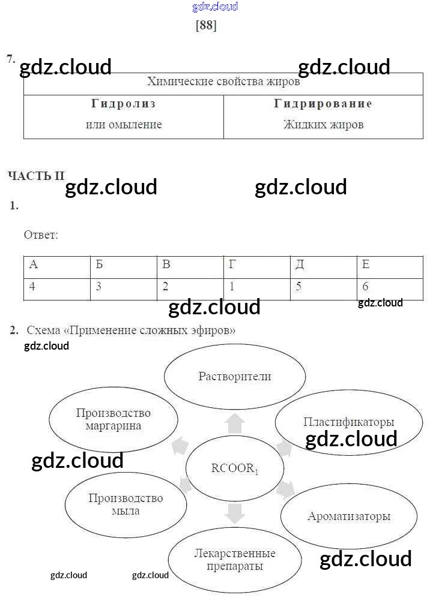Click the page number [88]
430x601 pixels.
(x=206, y=26)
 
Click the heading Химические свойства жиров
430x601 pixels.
(x=223, y=82)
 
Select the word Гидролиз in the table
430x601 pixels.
(x=124, y=104)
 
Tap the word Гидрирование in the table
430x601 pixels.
(x=323, y=104)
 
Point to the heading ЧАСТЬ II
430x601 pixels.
(x=35, y=176)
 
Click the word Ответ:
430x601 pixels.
(x=41, y=235)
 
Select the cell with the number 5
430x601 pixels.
(x=323, y=288)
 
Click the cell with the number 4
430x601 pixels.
(x=56, y=288)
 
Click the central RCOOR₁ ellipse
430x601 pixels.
(x=235, y=468)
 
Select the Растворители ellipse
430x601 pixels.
(x=235, y=377)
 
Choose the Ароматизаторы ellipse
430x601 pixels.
(x=349, y=516)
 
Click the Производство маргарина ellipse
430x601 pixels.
(x=114, y=419)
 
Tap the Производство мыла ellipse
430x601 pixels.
(x=126, y=504)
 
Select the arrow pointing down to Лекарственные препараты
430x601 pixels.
(x=235, y=513)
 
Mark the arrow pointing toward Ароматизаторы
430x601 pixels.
(x=285, y=489)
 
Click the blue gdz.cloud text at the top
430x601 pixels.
(x=215, y=7)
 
